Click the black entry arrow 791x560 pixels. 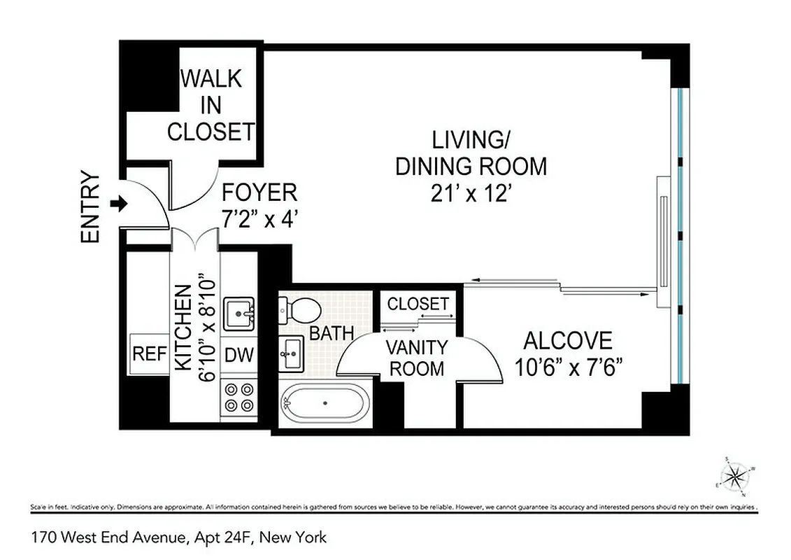(x=120, y=204)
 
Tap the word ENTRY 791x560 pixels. (x=91, y=207)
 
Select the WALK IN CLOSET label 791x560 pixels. (x=211, y=104)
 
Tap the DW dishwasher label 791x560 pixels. (x=239, y=355)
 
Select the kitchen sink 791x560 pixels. (x=239, y=313)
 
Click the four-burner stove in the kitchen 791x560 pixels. (x=239, y=396)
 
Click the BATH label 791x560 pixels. (x=332, y=333)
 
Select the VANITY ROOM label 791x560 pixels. (x=417, y=357)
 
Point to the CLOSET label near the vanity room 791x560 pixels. (x=418, y=304)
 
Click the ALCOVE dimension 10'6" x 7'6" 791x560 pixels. (x=567, y=367)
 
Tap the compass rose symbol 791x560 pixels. (x=734, y=477)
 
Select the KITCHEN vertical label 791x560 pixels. (x=183, y=328)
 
